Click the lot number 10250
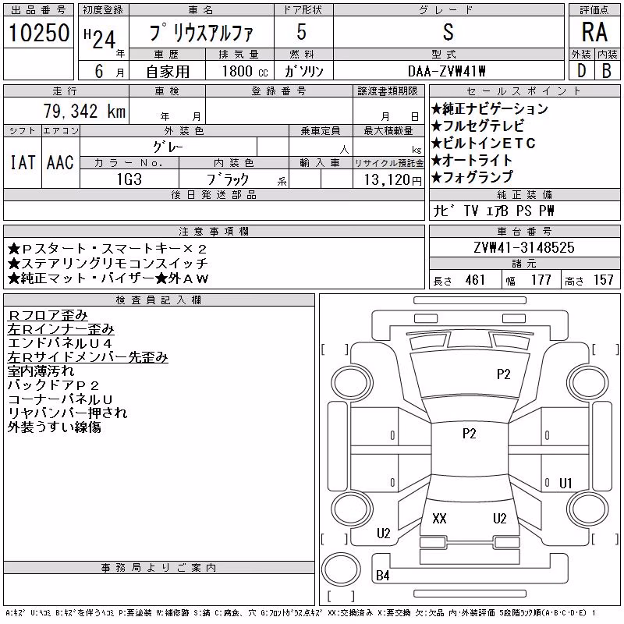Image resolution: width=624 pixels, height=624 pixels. [x=39, y=33]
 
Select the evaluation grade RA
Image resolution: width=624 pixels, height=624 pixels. [x=594, y=32]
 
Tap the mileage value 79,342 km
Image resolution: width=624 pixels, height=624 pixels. [x=84, y=111]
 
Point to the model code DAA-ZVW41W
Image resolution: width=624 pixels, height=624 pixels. [x=446, y=71]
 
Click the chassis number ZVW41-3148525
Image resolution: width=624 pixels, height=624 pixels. [x=524, y=247]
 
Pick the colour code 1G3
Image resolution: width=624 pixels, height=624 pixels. [x=129, y=179]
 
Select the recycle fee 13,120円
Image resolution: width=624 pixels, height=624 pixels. [x=393, y=180]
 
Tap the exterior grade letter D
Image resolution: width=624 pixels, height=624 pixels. [x=581, y=71]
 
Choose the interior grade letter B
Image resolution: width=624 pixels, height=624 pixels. [x=607, y=71]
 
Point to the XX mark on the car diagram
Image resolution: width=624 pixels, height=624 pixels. [x=439, y=518]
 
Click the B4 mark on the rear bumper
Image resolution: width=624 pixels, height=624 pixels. [x=382, y=576]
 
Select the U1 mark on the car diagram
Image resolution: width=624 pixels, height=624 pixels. [x=565, y=483]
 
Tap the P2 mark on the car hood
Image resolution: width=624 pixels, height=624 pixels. [x=503, y=374]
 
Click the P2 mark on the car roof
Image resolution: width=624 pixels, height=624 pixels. [x=470, y=434]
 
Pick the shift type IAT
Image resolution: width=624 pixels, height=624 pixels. [x=23, y=162]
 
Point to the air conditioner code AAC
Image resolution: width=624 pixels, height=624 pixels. [x=60, y=162]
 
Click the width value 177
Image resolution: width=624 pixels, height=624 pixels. [x=541, y=280]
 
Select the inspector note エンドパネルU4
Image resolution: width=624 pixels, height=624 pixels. [x=60, y=343]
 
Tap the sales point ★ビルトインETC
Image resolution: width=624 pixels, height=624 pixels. [x=483, y=143]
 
